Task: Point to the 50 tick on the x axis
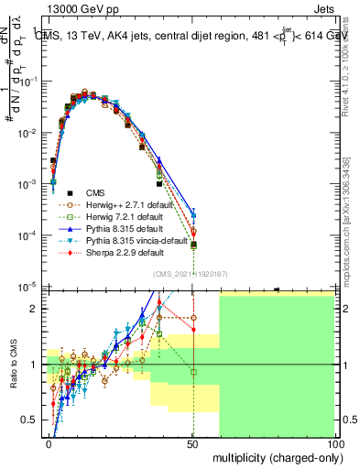(x=193, y=442)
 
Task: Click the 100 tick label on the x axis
(x=335, y=442)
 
